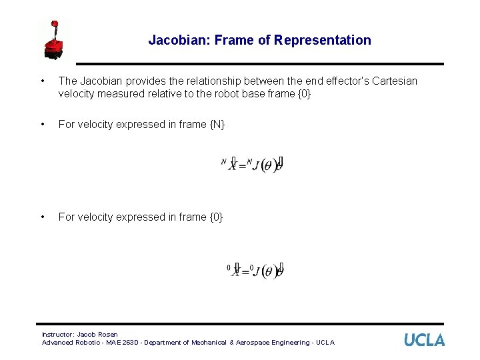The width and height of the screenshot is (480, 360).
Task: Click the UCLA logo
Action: tap(424, 339)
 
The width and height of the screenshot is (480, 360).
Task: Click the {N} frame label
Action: tap(216, 125)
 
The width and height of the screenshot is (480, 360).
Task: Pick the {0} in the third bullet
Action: tap(215, 217)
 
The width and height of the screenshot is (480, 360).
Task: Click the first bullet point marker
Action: tap(43, 81)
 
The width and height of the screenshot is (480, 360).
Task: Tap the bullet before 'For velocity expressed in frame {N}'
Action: tap(43, 125)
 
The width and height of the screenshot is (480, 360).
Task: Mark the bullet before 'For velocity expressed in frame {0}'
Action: tap(43, 217)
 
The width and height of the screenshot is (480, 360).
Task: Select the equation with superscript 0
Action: tap(255, 271)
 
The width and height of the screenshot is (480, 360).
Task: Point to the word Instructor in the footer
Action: tap(58, 334)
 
